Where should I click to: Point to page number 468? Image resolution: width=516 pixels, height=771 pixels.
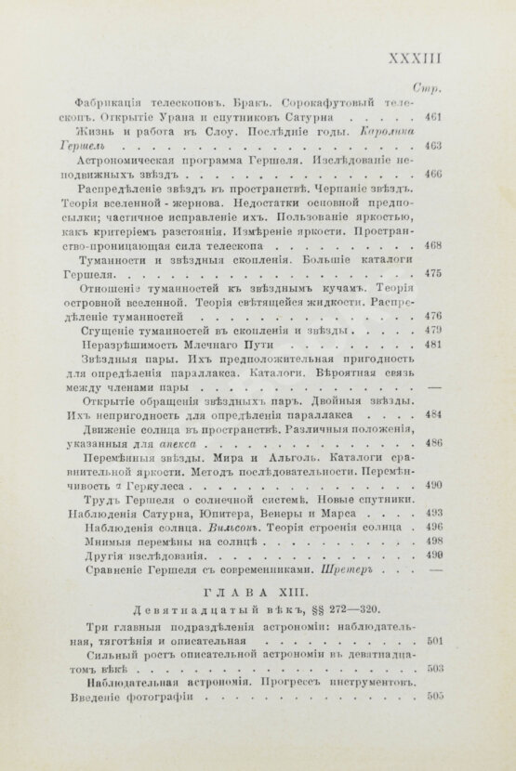tap(430, 246)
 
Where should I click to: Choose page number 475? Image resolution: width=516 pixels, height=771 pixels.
tap(430, 275)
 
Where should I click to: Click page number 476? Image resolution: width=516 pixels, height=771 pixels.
tap(430, 317)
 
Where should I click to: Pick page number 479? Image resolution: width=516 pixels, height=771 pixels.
tap(430, 332)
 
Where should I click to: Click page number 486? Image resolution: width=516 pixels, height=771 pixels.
tap(430, 445)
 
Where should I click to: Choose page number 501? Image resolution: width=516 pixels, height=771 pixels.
tap(430, 642)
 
